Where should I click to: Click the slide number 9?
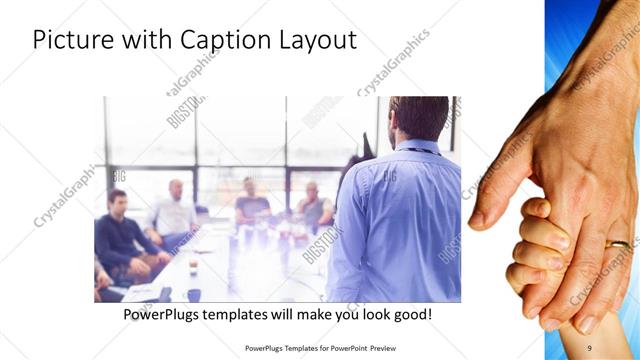pyautogui.click(x=589, y=347)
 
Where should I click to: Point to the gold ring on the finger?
pyautogui.click(x=619, y=244)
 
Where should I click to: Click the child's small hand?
pyautogui.click(x=535, y=250)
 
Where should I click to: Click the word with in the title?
pyautogui.click(x=143, y=41)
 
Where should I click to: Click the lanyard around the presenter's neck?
pyautogui.click(x=420, y=150)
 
